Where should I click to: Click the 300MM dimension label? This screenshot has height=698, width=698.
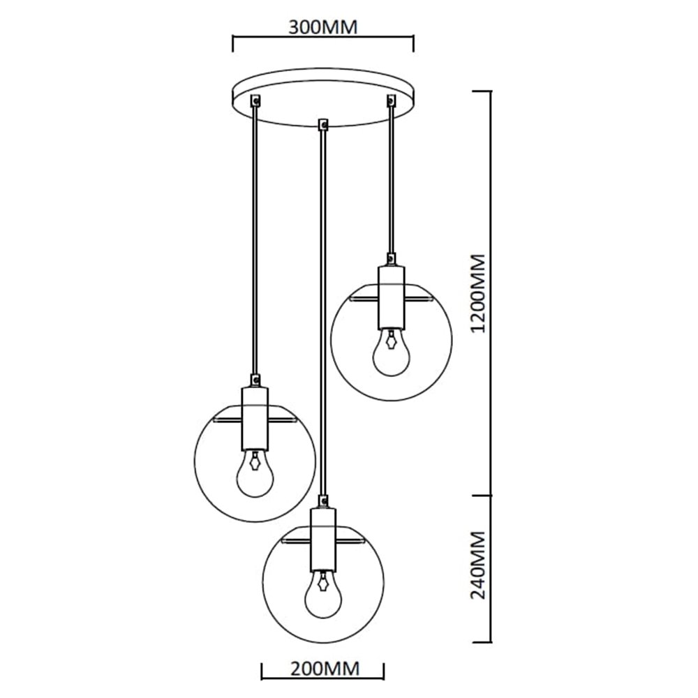[322, 27]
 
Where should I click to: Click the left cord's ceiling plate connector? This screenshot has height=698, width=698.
[256, 101]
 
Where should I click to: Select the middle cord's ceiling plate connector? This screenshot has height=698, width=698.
[322, 125]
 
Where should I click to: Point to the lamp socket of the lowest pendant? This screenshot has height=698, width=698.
[322, 537]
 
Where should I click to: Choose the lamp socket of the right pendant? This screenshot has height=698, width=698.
[391, 297]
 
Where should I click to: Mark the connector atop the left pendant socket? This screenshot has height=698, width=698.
[255, 380]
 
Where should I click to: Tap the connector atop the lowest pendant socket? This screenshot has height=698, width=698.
[322, 500]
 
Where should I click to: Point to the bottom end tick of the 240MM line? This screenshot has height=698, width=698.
[491, 641]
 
